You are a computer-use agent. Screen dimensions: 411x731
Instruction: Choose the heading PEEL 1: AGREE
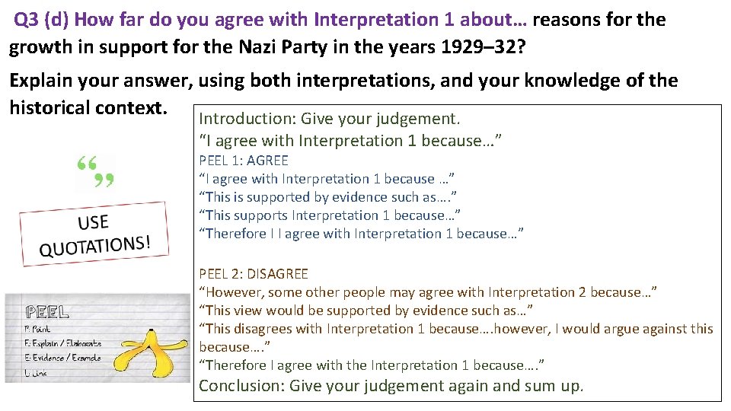point(244,161)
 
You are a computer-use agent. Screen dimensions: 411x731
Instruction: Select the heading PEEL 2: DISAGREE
point(254,274)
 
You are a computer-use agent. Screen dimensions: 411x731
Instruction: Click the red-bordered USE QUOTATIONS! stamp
point(93,233)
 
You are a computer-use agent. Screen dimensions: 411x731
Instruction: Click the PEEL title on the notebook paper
point(48,312)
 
